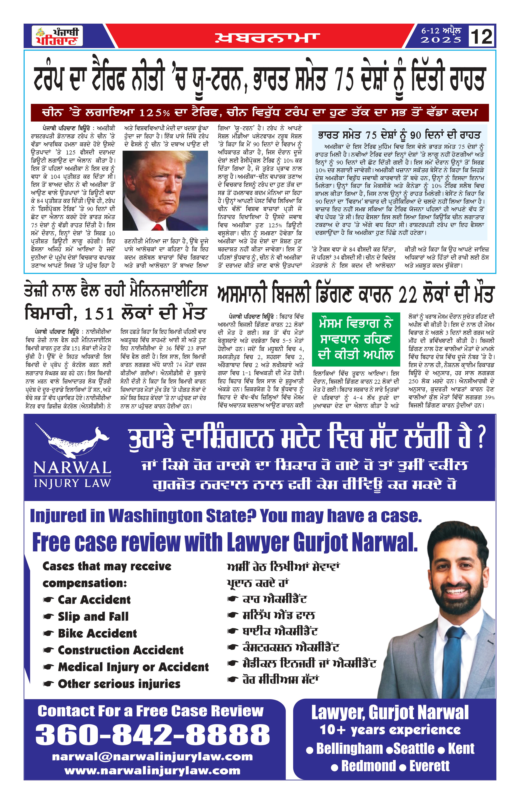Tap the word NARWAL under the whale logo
(x=72, y=468)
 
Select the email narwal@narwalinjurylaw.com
(x=152, y=757)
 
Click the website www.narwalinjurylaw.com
(x=152, y=771)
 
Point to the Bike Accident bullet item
(x=97, y=633)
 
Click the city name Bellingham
(x=349, y=749)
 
